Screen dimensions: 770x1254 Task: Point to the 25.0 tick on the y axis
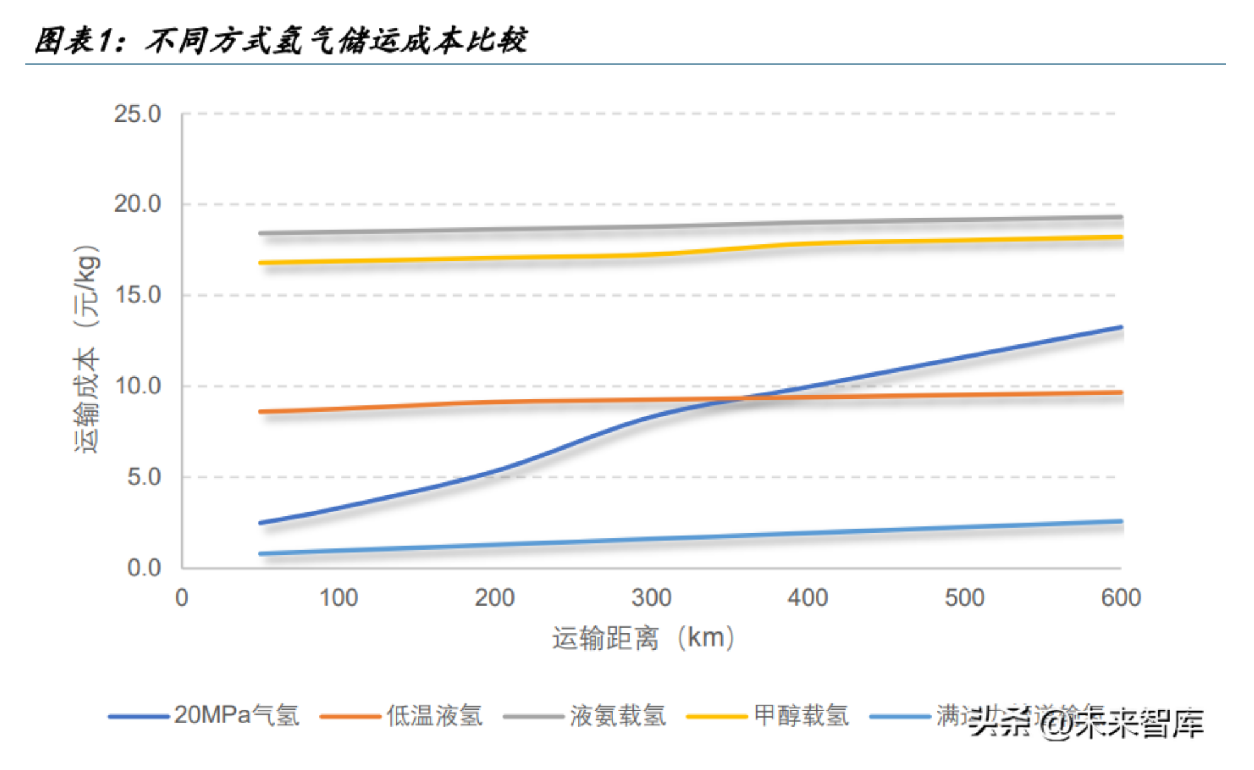[137, 115]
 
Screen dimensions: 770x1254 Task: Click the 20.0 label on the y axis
[137, 204]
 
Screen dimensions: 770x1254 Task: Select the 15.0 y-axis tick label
[137, 295]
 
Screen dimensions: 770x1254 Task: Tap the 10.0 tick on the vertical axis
[137, 386]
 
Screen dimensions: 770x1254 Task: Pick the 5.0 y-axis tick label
[144, 477]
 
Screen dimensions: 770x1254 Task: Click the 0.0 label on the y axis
[144, 568]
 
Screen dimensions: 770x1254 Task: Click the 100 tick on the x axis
[338, 597]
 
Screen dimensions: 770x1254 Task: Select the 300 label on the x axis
[651, 597]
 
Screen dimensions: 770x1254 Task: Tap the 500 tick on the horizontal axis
[964, 597]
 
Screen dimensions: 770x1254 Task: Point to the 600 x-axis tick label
[1120, 597]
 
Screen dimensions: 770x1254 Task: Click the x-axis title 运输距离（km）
[643, 638]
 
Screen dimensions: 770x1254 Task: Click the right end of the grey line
[1122, 217]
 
